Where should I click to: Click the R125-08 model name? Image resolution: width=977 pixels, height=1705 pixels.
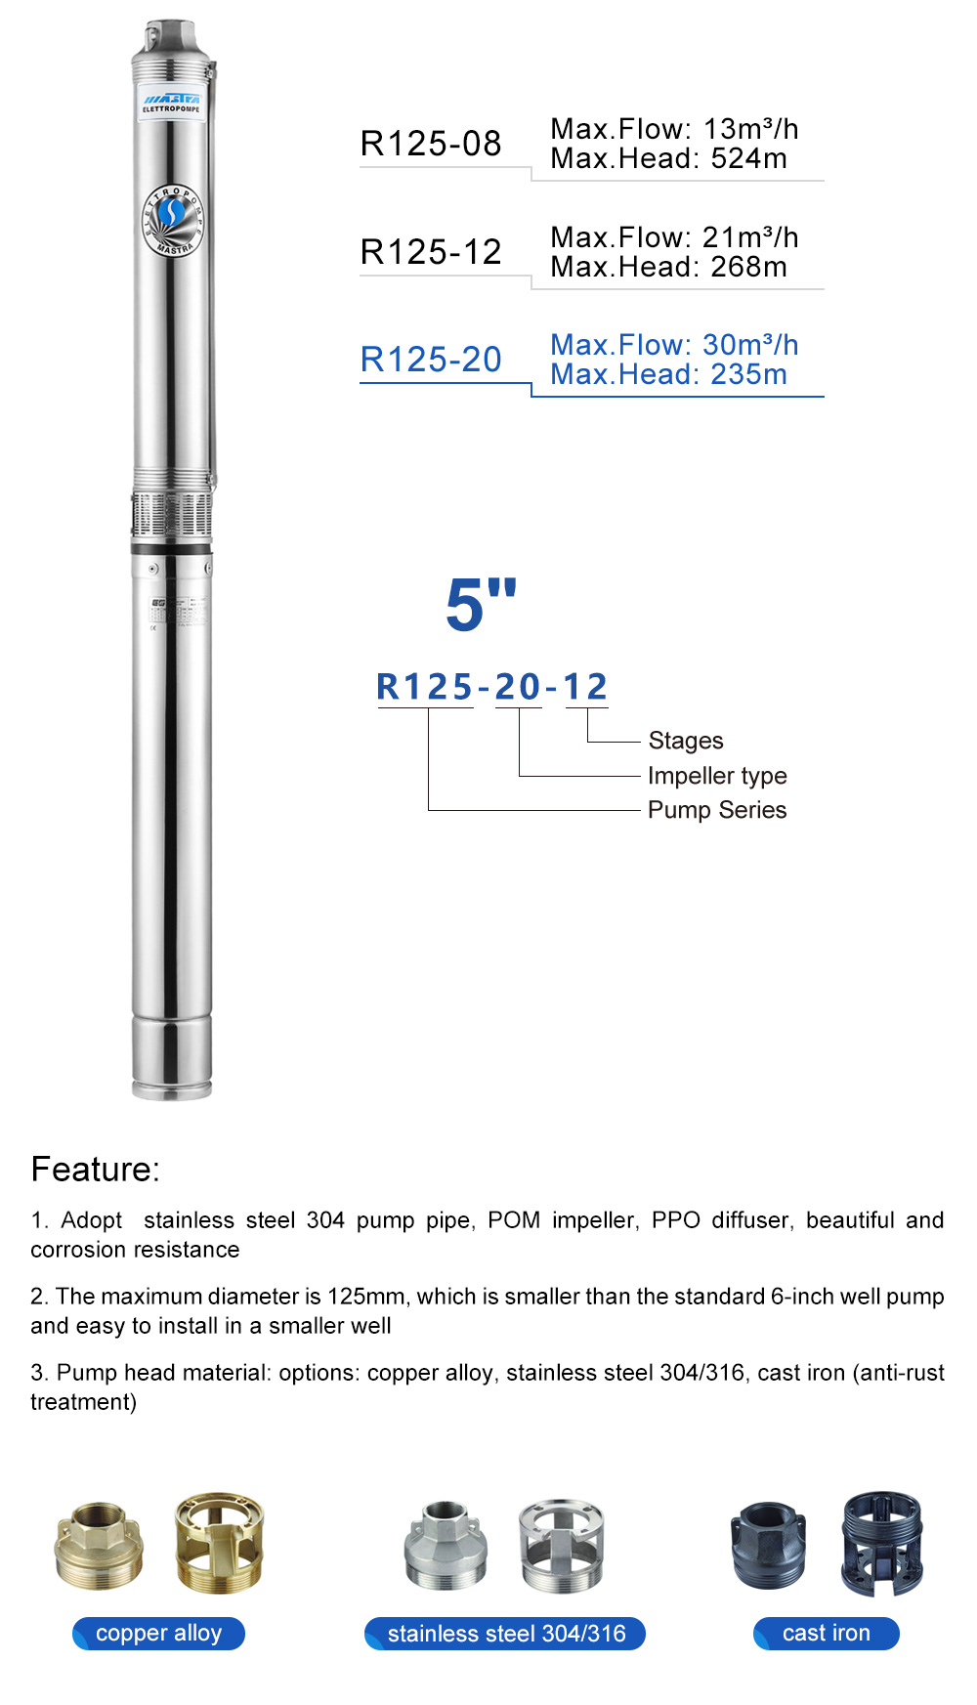[431, 144]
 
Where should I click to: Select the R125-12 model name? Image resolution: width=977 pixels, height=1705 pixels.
[431, 252]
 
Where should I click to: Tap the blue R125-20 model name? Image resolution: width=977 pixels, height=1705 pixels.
[431, 360]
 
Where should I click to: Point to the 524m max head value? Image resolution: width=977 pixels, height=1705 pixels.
[748, 158]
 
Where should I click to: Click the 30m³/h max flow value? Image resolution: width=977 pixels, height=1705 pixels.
[749, 345]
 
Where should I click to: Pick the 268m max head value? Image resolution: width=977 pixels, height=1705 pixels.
[748, 267]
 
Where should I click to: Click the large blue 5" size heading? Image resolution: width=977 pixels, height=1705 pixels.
[481, 604]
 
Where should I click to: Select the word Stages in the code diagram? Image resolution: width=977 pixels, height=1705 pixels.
[686, 741]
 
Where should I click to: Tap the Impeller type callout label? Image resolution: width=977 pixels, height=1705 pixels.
[717, 776]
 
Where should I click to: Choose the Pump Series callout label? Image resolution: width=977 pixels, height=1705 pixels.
[717, 810]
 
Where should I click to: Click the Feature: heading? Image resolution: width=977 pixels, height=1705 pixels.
[95, 1170]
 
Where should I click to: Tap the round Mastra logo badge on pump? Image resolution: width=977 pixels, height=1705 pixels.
[173, 219]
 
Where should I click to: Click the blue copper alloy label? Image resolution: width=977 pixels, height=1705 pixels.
[158, 1633]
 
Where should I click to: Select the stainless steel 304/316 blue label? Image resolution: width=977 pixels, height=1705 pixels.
[506, 1633]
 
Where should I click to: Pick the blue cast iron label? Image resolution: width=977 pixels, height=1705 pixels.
[826, 1633]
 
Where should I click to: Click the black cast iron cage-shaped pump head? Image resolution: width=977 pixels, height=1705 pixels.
[882, 1542]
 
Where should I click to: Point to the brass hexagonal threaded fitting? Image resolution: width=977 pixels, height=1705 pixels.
[99, 1546]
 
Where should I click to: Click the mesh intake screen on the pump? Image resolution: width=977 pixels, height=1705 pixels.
[172, 515]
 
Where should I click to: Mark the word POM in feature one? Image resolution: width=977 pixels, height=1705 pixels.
[513, 1220]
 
